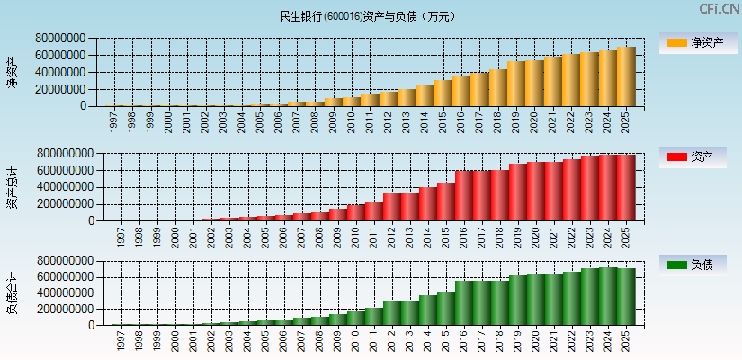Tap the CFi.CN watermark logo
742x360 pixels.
[x=719, y=9]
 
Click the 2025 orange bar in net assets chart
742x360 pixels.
[x=626, y=76]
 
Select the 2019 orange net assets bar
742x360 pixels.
[x=517, y=84]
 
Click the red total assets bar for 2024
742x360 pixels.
[x=608, y=188]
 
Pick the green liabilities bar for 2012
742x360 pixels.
[x=391, y=312]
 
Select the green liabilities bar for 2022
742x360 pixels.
[x=572, y=298]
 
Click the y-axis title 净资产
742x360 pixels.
[x=12, y=72]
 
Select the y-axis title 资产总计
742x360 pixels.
[x=12, y=187]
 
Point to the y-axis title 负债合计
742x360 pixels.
[x=12, y=292]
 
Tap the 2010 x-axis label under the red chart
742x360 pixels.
[x=353, y=236]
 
